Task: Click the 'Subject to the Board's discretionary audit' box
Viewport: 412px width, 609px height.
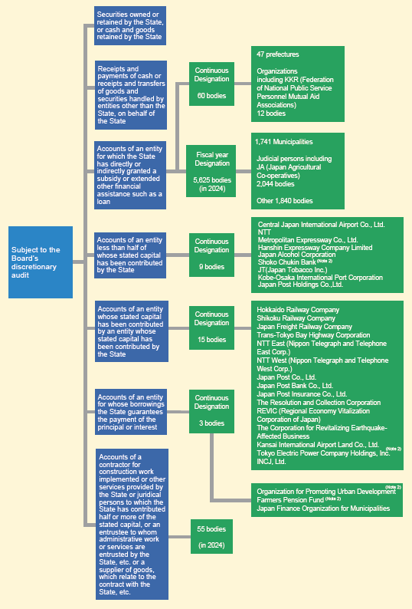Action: click(41, 262)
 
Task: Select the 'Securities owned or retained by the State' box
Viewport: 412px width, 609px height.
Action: click(130, 25)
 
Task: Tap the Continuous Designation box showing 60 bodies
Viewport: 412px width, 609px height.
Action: click(211, 84)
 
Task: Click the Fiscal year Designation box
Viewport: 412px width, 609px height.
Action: click(211, 171)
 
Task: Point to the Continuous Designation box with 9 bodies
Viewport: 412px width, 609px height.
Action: click(211, 255)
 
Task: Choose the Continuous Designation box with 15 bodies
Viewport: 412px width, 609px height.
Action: click(211, 328)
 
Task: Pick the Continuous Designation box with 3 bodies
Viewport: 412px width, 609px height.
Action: click(211, 411)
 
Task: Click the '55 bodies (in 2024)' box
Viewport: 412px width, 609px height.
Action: click(211, 536)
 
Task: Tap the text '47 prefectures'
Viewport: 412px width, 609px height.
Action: click(278, 54)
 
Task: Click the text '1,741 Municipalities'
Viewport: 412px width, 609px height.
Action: click(284, 142)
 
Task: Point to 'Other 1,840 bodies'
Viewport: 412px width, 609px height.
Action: click(285, 201)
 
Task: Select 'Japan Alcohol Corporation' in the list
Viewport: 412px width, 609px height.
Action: click(297, 255)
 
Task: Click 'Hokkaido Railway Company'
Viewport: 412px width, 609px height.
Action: click(298, 310)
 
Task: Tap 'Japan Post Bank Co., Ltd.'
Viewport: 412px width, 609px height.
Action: click(295, 386)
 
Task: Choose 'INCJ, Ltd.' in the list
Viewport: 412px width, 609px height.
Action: click(271, 462)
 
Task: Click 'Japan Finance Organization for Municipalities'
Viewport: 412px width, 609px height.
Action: click(323, 509)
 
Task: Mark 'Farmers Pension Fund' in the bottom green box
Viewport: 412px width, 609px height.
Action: click(290, 500)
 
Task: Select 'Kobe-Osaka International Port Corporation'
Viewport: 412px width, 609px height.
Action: click(320, 278)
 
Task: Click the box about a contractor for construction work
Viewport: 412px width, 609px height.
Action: click(132, 525)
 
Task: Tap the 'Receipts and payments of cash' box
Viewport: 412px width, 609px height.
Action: click(131, 95)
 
